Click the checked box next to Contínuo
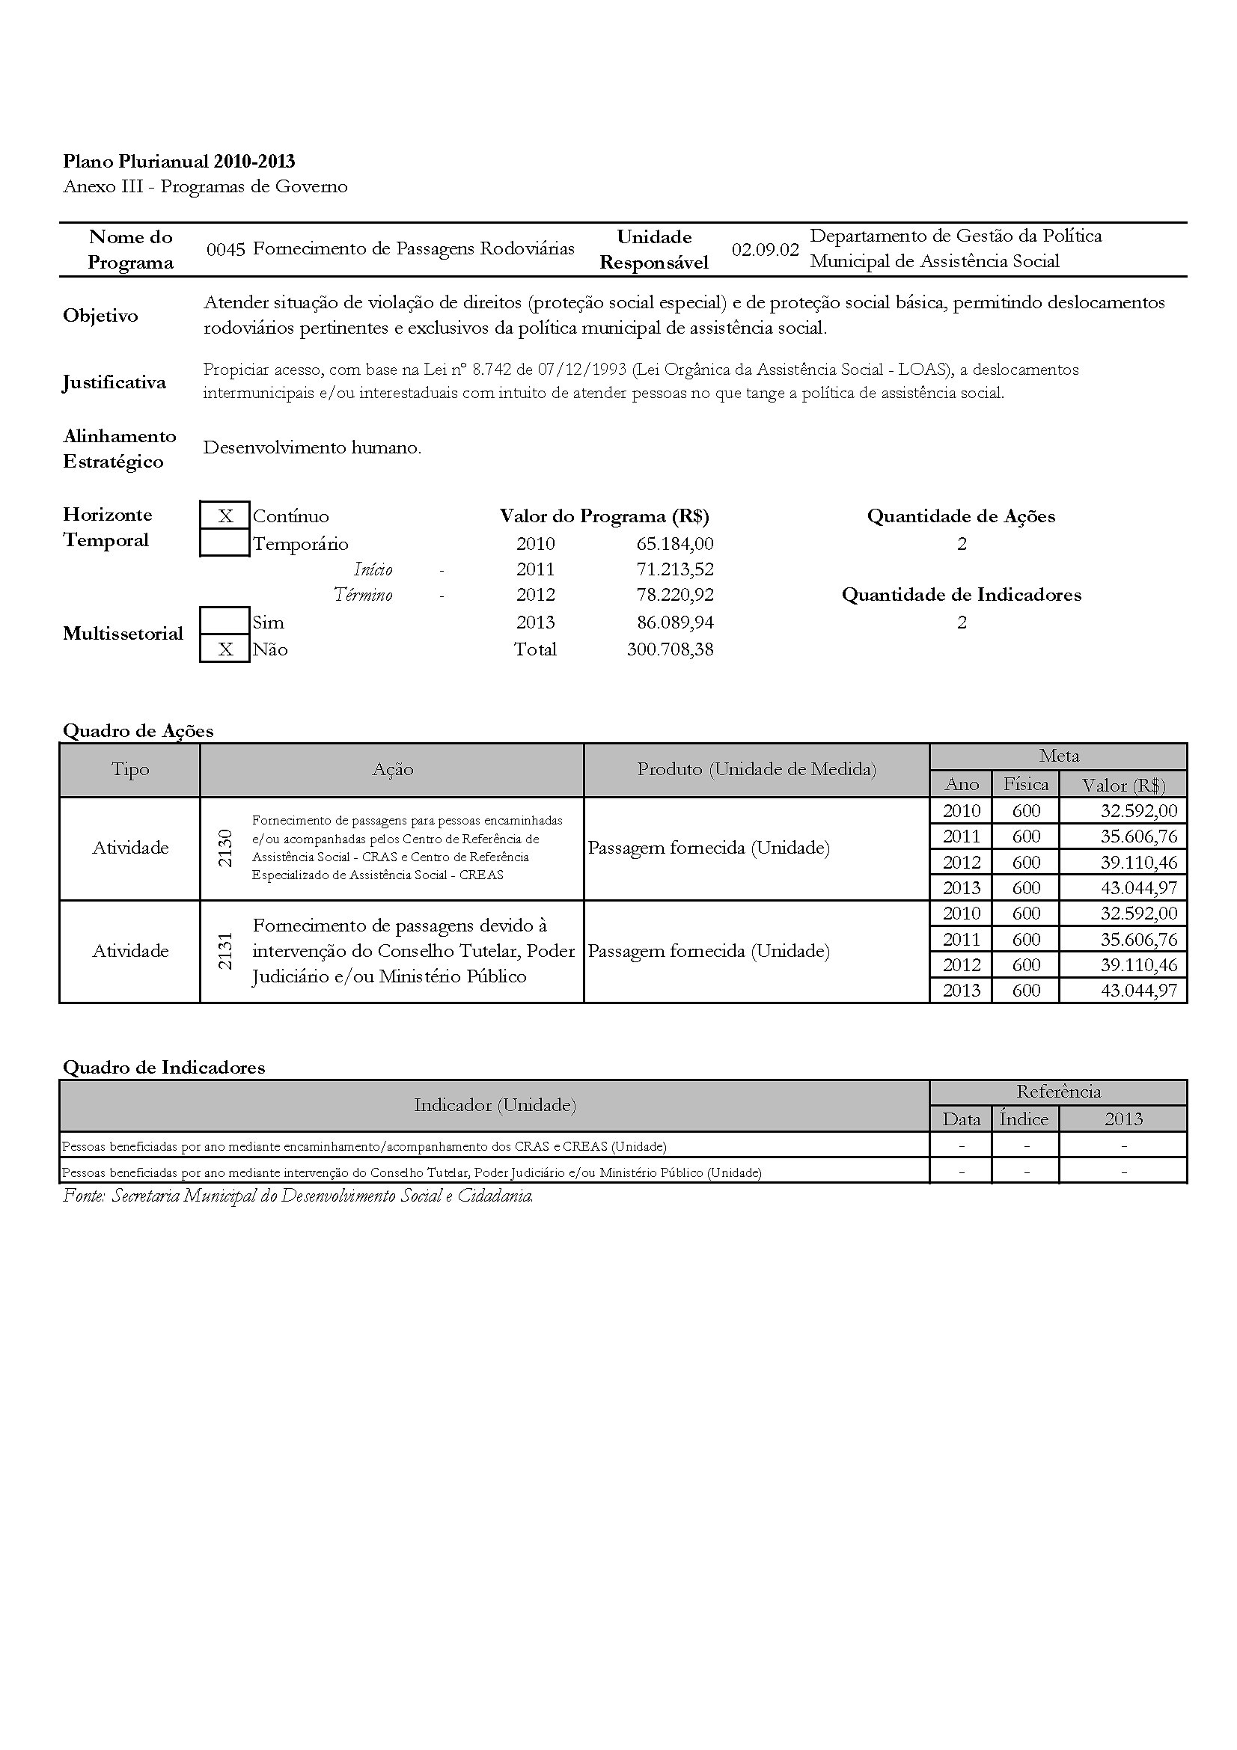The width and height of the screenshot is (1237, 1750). tap(225, 516)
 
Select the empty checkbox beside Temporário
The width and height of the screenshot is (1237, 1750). tap(225, 543)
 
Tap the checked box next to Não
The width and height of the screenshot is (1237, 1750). tap(225, 649)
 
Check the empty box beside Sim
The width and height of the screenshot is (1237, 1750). tap(225, 621)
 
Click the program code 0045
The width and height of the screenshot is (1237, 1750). tap(225, 249)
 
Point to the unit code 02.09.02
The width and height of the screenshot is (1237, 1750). tap(766, 249)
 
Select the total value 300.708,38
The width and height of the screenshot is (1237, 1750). tap(670, 649)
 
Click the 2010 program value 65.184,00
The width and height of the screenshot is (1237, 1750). tap(674, 543)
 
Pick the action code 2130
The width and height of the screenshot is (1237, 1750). tap(225, 848)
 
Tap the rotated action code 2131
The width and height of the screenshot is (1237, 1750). tap(225, 951)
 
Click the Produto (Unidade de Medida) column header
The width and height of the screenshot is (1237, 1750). tap(756, 770)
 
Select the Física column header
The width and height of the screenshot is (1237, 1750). tap(1026, 784)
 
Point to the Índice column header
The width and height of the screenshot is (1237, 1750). tap(1024, 1119)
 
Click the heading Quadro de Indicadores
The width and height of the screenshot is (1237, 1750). tap(164, 1067)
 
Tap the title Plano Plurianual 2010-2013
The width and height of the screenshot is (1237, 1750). tap(179, 162)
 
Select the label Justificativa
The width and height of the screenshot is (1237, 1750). tap(114, 382)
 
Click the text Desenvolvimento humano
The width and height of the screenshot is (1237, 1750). tap(312, 447)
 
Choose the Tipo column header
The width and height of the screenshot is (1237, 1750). tap(130, 770)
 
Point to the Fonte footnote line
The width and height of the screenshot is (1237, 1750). tap(298, 1196)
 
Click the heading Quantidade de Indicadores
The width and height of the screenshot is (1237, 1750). tap(961, 595)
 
